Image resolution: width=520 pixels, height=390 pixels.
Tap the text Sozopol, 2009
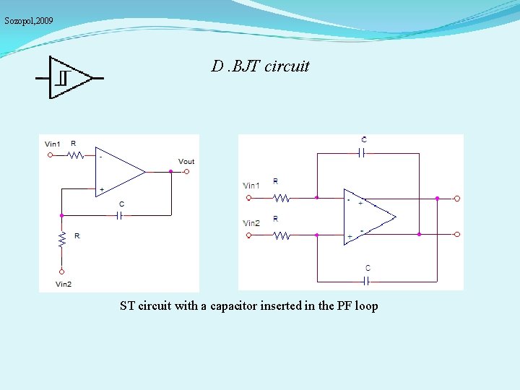pyautogui.click(x=29, y=21)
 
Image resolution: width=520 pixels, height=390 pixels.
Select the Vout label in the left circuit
pyautogui.click(x=186, y=161)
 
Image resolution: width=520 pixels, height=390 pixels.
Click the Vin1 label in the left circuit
pyautogui.click(x=53, y=144)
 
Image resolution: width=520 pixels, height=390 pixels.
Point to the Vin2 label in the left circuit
pyautogui.click(x=64, y=284)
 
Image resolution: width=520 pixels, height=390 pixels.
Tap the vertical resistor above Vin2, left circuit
pyautogui.click(x=62, y=238)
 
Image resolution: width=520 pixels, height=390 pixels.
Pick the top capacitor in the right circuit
pyautogui.click(x=363, y=152)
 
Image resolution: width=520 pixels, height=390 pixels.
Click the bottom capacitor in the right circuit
pyautogui.click(x=368, y=280)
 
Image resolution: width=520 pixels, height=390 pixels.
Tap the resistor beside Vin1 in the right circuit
pyautogui.click(x=280, y=196)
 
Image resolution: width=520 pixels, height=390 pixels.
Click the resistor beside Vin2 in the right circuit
pyautogui.click(x=280, y=234)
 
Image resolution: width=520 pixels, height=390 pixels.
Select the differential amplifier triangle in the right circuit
pyautogui.click(x=368, y=216)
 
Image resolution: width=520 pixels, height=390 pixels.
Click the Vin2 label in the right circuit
pyautogui.click(x=251, y=223)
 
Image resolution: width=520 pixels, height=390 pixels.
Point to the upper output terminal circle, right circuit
pyautogui.click(x=457, y=198)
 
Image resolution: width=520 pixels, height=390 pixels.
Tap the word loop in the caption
pyautogui.click(x=366, y=306)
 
